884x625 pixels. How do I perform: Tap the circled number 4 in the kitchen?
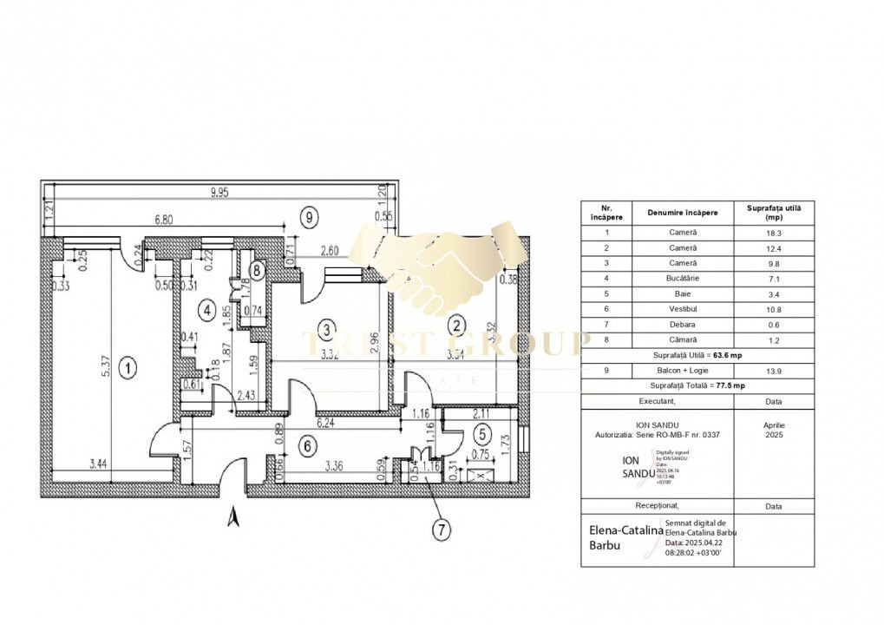point(205,308)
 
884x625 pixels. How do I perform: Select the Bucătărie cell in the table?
point(684,279)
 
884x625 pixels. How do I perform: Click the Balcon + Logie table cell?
point(684,371)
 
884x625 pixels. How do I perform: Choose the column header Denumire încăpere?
point(684,213)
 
